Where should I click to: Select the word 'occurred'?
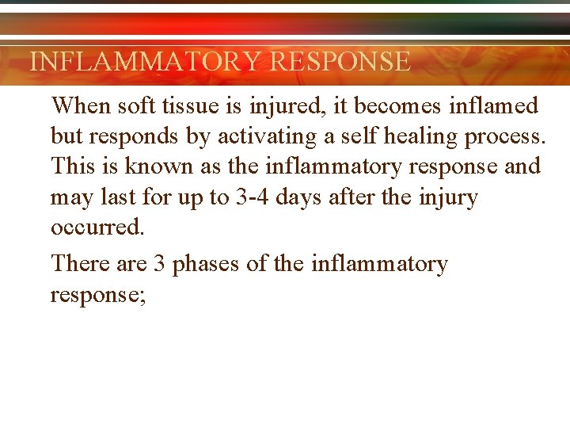[97, 227]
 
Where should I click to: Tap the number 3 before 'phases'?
[158, 264]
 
